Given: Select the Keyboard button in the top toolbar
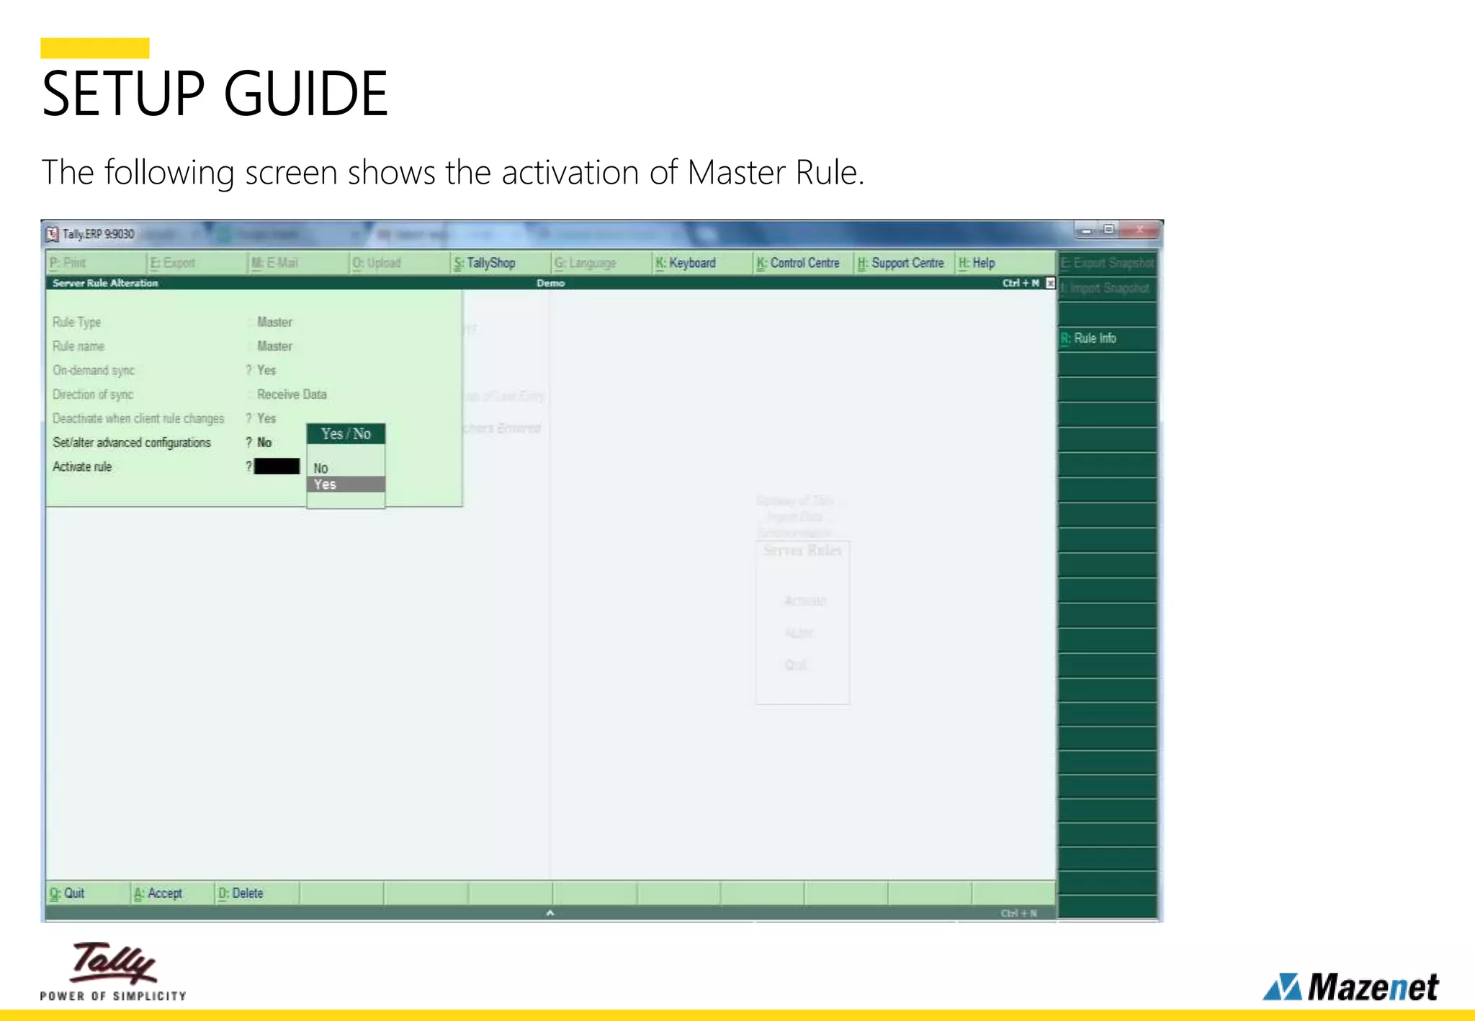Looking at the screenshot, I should (686, 263).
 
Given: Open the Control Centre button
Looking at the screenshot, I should (798, 263).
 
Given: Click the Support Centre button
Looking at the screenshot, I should (900, 263).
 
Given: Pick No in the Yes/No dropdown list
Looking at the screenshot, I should (321, 468).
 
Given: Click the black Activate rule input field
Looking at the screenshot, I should (277, 467).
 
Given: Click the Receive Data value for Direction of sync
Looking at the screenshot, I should (292, 395).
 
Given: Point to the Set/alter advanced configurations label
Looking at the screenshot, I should (132, 443).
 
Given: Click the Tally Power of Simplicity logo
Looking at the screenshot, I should (113, 970).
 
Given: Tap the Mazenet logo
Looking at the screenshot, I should (1351, 986).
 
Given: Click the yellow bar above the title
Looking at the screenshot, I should (94, 48).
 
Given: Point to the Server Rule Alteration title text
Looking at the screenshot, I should (105, 283).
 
